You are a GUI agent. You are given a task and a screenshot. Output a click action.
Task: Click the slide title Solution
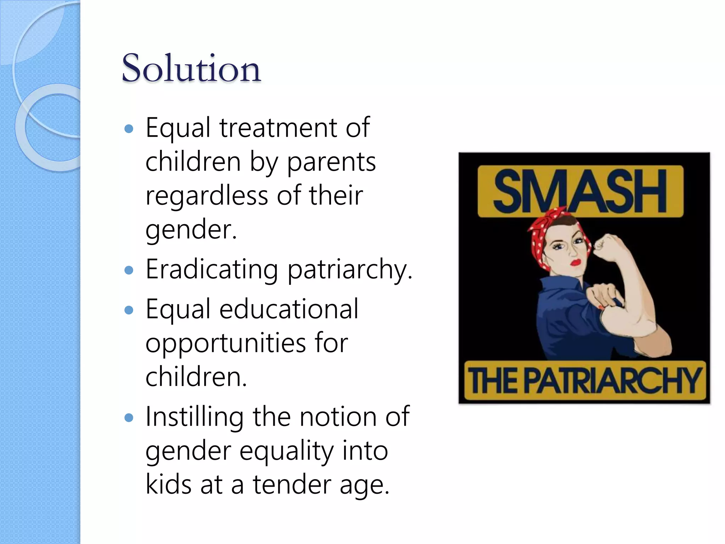(191, 68)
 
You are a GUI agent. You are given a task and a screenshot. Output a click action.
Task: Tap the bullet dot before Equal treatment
(129, 129)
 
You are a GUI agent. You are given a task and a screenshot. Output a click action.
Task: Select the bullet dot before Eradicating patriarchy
(129, 271)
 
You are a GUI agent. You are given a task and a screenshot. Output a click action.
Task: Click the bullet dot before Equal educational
(129, 310)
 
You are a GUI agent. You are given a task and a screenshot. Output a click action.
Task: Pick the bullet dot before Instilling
(129, 418)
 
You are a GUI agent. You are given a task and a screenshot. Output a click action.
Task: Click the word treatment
(278, 128)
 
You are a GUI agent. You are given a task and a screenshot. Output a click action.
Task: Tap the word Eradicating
(212, 270)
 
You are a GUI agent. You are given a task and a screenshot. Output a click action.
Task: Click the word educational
(289, 309)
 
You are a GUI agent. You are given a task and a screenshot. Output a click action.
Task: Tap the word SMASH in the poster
(580, 191)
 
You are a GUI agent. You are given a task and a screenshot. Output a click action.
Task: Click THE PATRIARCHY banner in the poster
(584, 381)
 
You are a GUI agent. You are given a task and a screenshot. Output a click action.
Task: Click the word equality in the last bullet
(286, 452)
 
